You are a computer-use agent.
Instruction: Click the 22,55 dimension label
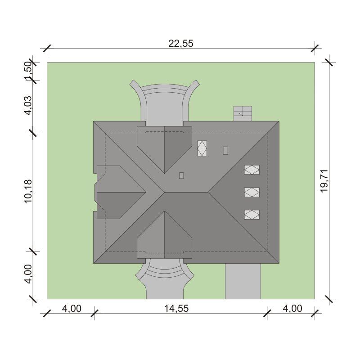pyautogui.click(x=181, y=43)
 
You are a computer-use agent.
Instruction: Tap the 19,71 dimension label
pyautogui.click(x=324, y=181)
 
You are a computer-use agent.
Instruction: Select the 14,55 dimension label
pyautogui.click(x=176, y=309)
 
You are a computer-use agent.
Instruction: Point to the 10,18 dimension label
pyautogui.click(x=28, y=191)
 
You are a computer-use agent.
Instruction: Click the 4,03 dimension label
pyautogui.click(x=28, y=105)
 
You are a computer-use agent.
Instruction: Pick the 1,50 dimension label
pyautogui.click(x=28, y=71)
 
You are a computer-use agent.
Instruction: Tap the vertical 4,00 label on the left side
pyautogui.click(x=28, y=274)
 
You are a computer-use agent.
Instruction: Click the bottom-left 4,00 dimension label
pyautogui.click(x=72, y=309)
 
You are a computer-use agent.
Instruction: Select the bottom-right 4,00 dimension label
pyautogui.click(x=292, y=309)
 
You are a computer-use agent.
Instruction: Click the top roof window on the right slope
pyautogui.click(x=252, y=170)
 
